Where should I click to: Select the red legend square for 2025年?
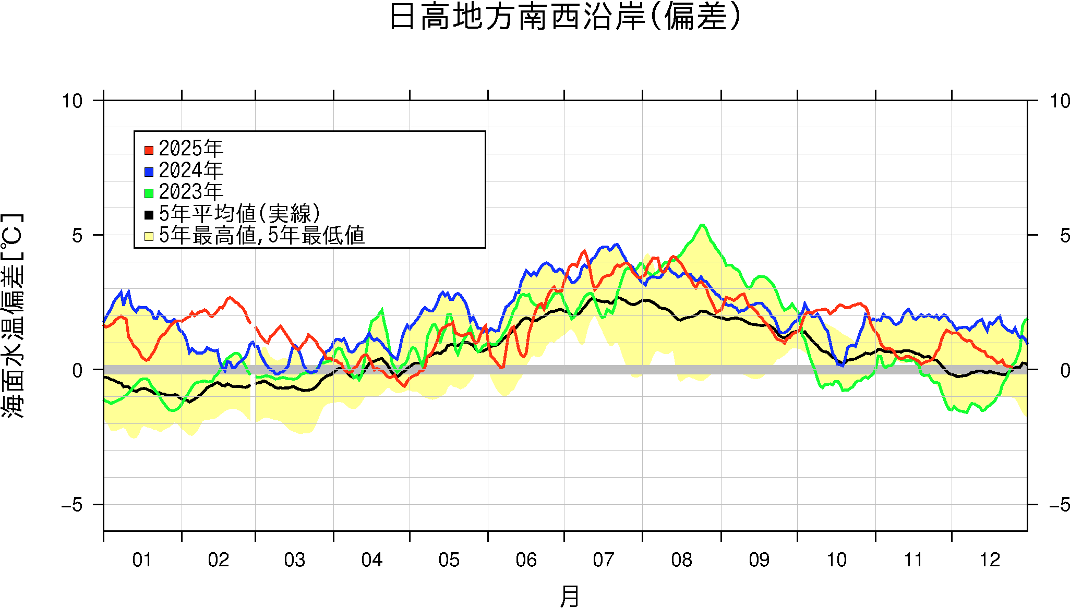click(149, 150)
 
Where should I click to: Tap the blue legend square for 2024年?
click(149, 172)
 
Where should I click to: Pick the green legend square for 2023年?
click(149, 193)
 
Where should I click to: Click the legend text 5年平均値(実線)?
click(239, 214)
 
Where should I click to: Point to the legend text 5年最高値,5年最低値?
click(261, 236)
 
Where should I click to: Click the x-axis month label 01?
click(142, 560)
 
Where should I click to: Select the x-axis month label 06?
click(526, 560)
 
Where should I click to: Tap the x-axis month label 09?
click(759, 560)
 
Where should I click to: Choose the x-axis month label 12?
click(990, 560)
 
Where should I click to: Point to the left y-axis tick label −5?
click(71, 505)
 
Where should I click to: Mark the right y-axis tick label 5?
click(1064, 236)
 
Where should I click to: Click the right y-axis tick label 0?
click(1064, 370)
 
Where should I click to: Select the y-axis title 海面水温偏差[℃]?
click(13, 315)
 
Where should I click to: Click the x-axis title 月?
click(569, 596)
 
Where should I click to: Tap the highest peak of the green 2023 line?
click(702, 225)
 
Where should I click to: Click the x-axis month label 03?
click(294, 560)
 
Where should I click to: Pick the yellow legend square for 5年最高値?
click(149, 236)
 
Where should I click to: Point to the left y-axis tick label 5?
click(77, 236)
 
